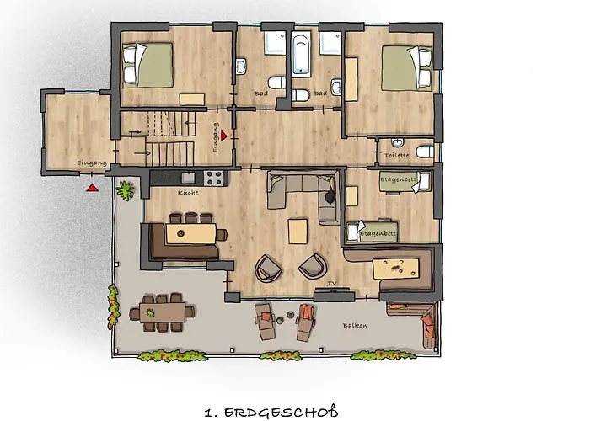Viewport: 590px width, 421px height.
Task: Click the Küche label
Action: click(x=188, y=193)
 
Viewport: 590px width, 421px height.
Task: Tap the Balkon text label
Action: click(x=355, y=326)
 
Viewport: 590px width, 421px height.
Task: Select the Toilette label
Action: click(x=397, y=155)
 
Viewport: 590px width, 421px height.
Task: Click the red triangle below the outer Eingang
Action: click(x=92, y=188)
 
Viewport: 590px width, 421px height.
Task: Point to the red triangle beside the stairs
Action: click(x=224, y=136)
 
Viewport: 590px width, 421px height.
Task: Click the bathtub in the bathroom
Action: click(x=301, y=54)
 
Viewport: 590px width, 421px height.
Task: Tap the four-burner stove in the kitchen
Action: click(x=214, y=178)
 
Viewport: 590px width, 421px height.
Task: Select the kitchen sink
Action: click(x=188, y=178)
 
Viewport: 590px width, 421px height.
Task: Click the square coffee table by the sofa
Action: click(x=298, y=232)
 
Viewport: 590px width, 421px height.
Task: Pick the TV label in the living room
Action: click(x=331, y=284)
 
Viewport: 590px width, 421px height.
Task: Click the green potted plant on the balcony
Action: click(x=126, y=190)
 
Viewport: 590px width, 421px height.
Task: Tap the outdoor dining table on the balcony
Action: click(x=162, y=312)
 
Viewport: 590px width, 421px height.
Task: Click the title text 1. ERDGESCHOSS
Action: click(x=271, y=412)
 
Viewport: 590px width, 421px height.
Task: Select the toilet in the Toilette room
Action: click(x=426, y=152)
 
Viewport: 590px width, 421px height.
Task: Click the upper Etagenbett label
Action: click(x=398, y=179)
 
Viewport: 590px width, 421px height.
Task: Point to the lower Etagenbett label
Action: click(x=378, y=234)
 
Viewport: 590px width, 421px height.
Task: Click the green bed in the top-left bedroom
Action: click(x=148, y=65)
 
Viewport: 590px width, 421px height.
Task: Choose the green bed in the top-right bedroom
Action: click(x=407, y=68)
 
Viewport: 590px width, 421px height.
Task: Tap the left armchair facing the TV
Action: click(x=269, y=268)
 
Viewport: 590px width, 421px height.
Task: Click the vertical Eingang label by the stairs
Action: click(x=216, y=137)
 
